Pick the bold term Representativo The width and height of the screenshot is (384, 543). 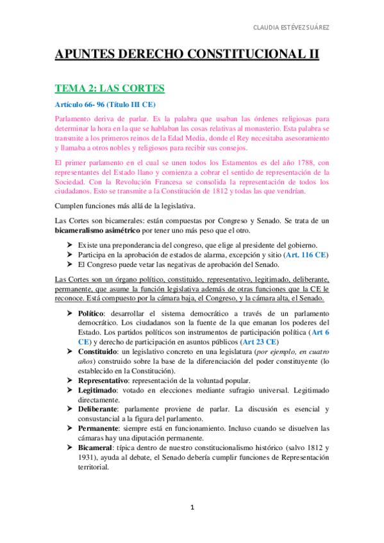coord(104,380)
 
